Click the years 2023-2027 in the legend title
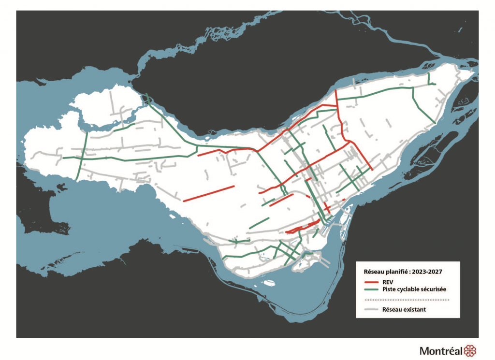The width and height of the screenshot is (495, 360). [427, 271]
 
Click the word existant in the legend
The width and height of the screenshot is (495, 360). [415, 309]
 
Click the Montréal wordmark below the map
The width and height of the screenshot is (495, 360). [441, 351]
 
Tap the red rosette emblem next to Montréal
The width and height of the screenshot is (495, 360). [469, 350]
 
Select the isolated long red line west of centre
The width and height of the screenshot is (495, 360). [208, 193]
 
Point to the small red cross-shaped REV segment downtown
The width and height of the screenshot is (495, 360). [327, 208]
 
